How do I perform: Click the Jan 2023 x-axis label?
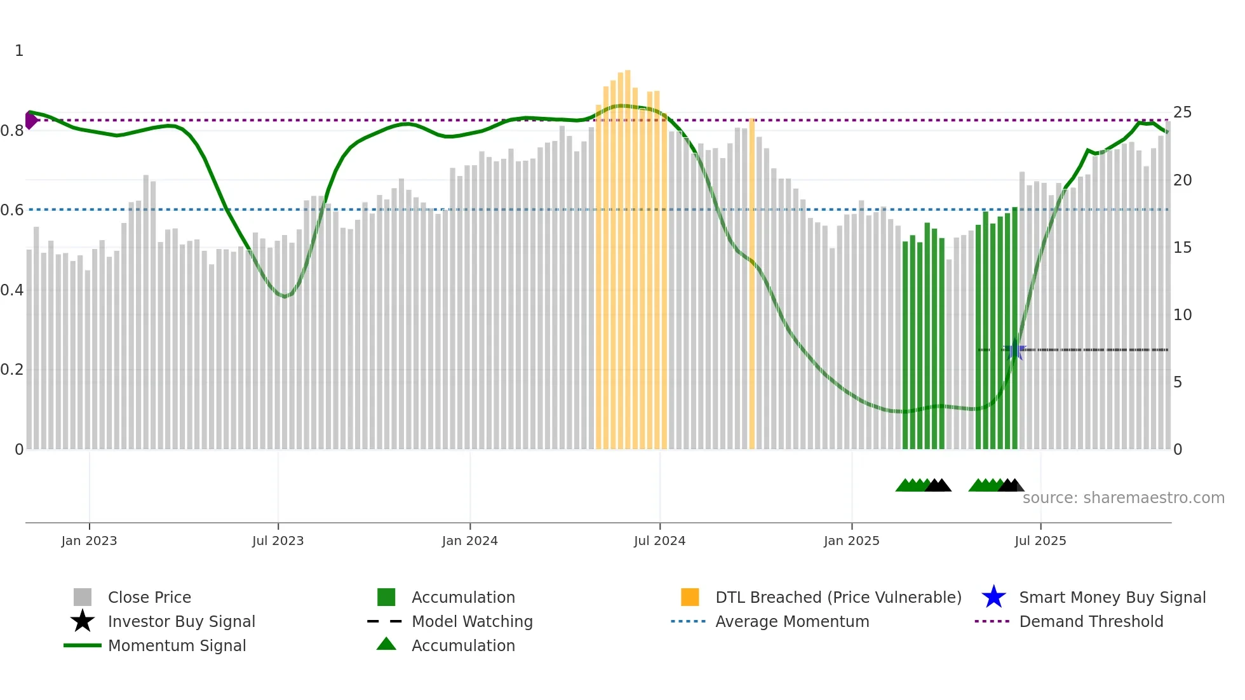click(x=89, y=541)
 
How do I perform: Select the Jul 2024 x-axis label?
click(x=659, y=541)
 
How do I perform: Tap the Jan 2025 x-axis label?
click(x=851, y=541)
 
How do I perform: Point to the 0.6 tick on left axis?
click(x=12, y=210)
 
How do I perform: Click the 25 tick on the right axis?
click(x=1182, y=112)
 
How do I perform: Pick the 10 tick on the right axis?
click(x=1182, y=314)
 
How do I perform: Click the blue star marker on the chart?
click(x=1014, y=350)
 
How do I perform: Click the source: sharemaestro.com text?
click(x=1123, y=497)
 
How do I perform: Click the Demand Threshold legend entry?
click(x=1091, y=621)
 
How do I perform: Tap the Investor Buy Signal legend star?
click(x=83, y=621)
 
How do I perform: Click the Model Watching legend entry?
click(x=471, y=621)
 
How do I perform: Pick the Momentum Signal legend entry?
click(x=177, y=645)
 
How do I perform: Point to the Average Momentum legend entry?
click(x=791, y=621)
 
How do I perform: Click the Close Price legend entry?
click(x=149, y=597)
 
